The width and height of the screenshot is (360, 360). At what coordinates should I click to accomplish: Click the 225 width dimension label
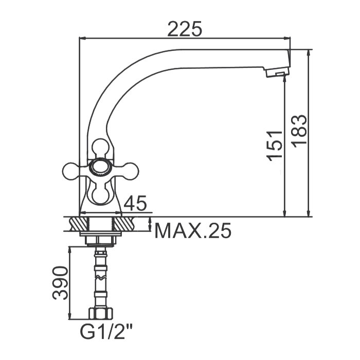(185, 29)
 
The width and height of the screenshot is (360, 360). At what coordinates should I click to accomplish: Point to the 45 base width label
(135, 203)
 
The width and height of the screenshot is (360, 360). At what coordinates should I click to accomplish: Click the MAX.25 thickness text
(193, 230)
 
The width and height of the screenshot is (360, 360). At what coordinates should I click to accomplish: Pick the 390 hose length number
(60, 283)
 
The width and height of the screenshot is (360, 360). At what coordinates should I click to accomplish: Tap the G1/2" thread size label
(106, 332)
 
